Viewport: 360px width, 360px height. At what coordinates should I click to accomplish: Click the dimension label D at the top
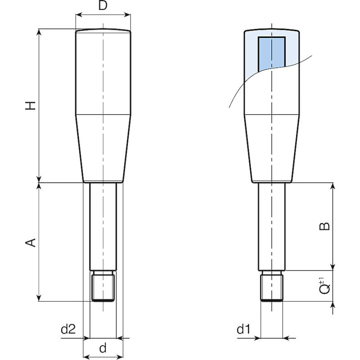tap(103, 5)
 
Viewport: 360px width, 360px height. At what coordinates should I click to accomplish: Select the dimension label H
tap(30, 105)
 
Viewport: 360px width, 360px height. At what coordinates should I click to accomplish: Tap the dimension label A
tap(30, 243)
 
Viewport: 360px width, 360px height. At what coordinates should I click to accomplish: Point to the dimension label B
tap(324, 226)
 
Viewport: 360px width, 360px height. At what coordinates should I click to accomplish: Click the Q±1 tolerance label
tap(324, 286)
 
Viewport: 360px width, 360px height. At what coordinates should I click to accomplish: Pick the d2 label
tap(68, 329)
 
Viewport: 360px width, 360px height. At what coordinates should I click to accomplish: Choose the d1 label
tap(243, 329)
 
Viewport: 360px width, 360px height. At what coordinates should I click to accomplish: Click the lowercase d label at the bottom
tap(103, 348)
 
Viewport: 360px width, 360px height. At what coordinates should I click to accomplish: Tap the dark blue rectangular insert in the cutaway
tap(272, 54)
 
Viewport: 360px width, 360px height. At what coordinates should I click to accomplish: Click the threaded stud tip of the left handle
tap(103, 286)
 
